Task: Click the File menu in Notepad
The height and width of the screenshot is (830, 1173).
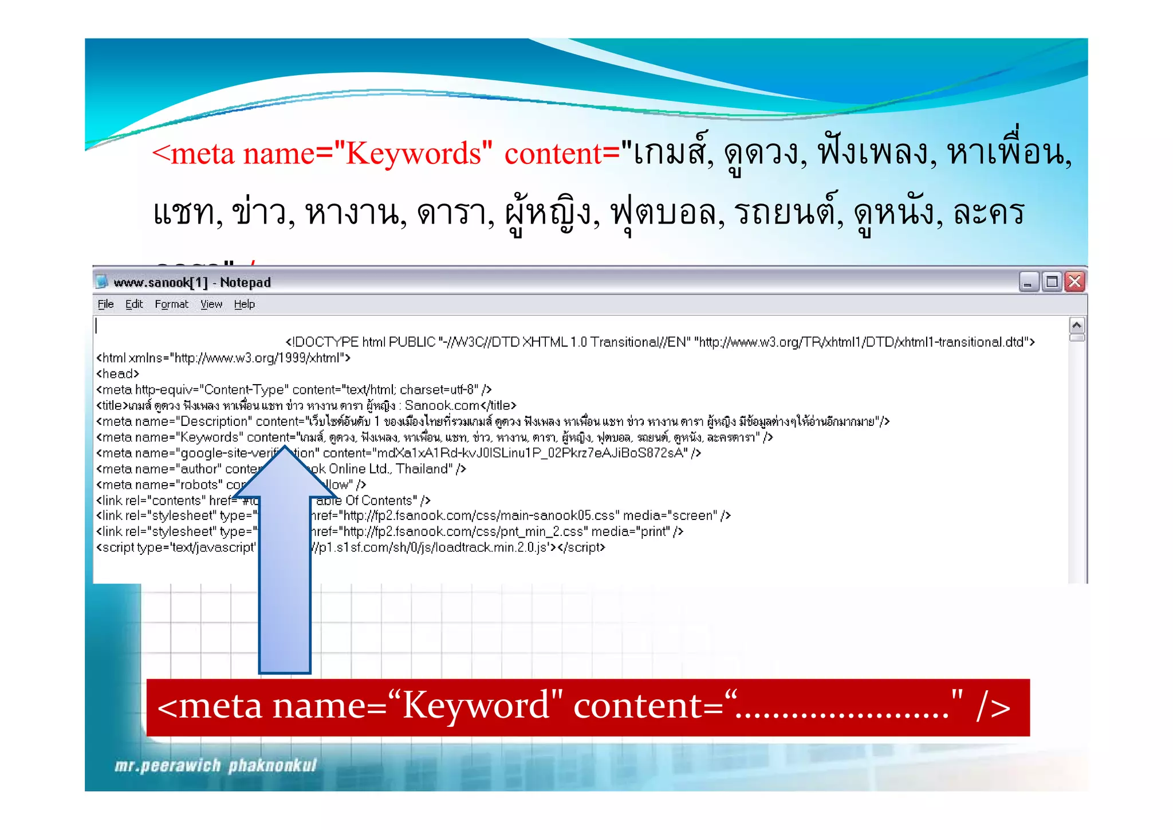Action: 105,304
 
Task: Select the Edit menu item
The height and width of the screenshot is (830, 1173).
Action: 134,304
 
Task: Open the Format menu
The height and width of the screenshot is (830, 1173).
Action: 171,304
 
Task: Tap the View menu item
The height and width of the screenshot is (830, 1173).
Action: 211,304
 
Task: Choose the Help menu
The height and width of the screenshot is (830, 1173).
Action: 244,304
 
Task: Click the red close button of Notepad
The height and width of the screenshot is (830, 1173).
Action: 1075,282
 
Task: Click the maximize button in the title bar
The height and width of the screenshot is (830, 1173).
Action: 1052,282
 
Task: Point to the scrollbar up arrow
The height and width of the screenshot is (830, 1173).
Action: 1077,326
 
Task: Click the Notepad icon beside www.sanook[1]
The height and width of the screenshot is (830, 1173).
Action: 103,282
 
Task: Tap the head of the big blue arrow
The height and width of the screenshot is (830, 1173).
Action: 285,476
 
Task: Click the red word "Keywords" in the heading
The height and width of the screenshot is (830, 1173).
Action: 418,154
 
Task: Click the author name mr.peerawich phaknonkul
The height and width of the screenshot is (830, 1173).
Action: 215,766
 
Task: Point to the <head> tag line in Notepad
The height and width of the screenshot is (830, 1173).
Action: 118,374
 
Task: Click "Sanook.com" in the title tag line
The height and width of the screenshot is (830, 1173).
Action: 442,406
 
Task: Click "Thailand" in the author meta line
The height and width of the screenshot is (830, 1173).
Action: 421,469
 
